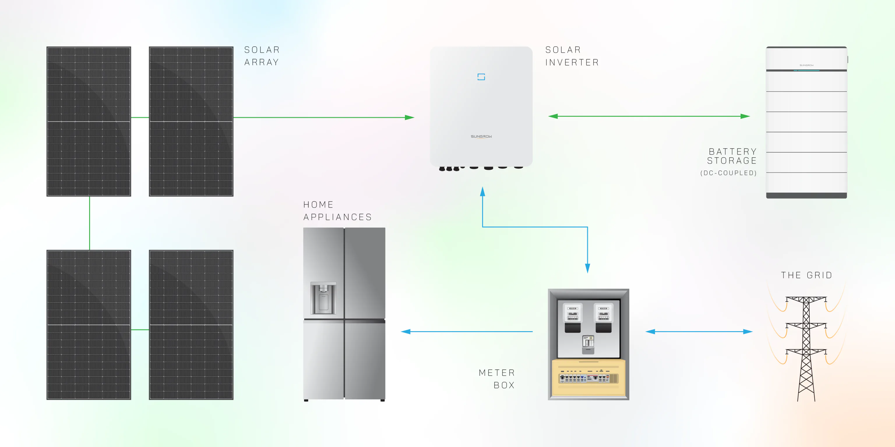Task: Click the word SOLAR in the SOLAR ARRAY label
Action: pos(262,50)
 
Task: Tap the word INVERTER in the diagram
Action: pos(572,63)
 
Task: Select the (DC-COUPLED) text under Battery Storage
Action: pos(728,173)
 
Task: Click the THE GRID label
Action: pos(806,275)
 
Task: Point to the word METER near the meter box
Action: pos(496,373)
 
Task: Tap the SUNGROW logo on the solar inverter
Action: pos(481,136)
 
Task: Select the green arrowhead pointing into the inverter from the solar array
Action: pos(410,118)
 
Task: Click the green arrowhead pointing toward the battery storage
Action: pos(745,116)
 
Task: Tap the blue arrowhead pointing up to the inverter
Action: pos(482,191)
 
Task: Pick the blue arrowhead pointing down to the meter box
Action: pos(588,268)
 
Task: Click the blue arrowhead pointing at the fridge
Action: pos(406,332)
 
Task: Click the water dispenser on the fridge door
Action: pos(323,298)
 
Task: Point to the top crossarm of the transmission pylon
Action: pos(806,299)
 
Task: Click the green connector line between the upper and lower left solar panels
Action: pos(90,223)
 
